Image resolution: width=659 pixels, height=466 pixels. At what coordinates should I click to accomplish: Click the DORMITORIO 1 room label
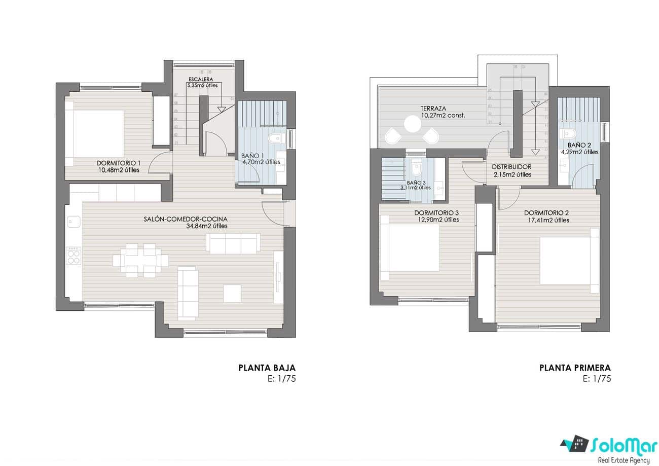(x=118, y=163)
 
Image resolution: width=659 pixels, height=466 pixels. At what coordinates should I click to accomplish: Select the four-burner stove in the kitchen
(x=74, y=255)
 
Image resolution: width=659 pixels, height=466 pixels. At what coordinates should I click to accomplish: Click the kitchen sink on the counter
(x=74, y=222)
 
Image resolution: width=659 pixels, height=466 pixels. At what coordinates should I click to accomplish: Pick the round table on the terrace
(x=413, y=124)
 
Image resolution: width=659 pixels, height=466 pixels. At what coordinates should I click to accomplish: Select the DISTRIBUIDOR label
(x=511, y=167)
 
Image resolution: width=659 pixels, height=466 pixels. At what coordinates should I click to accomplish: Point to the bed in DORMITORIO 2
(x=568, y=260)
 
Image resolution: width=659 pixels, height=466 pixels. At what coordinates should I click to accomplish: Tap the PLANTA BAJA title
(x=267, y=368)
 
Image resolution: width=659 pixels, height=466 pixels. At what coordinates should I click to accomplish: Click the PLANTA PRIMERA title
(x=575, y=368)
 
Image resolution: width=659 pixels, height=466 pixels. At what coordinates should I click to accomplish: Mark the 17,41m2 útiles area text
(x=546, y=220)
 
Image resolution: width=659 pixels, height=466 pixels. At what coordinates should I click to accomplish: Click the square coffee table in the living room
(x=232, y=294)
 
